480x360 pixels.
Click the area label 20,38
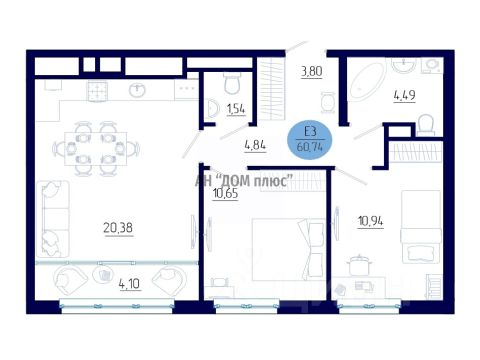[118, 228]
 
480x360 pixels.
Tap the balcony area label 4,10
[130, 284]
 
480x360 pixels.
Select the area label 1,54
[236, 109]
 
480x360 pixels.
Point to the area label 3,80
[312, 71]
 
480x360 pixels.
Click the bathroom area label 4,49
[405, 95]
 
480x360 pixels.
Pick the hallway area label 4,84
[255, 145]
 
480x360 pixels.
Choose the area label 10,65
[226, 193]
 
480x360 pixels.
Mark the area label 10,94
[371, 221]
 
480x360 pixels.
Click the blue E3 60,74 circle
[310, 140]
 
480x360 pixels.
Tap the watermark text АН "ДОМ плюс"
[244, 181]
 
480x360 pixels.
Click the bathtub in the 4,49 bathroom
[366, 81]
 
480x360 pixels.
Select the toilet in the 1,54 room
[232, 83]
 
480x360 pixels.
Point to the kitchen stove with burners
[97, 91]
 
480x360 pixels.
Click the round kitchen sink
[137, 90]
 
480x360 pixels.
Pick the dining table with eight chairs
[96, 148]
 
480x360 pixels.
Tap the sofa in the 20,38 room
[53, 219]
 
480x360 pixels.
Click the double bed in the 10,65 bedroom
[288, 249]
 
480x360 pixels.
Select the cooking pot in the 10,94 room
[358, 265]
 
